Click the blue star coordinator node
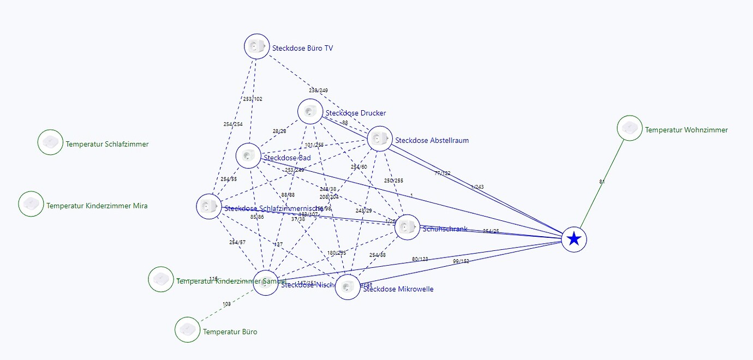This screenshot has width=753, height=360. [x=573, y=239]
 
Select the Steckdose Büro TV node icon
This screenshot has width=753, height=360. [x=256, y=46]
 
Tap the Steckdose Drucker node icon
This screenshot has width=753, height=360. [x=310, y=111]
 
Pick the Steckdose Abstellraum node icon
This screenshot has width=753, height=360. [x=380, y=139]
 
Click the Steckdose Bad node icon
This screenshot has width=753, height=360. [x=248, y=156]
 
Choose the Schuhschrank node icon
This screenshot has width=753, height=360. [x=407, y=227]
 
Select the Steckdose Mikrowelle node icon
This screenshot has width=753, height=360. [x=348, y=287]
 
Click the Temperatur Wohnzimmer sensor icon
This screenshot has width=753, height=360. [x=630, y=128]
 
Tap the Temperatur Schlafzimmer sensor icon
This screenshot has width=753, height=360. [x=50, y=142]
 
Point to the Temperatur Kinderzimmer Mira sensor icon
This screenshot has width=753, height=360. [x=31, y=204]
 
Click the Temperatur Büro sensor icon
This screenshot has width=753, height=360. [x=188, y=329]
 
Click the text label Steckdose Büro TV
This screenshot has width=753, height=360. [x=302, y=48]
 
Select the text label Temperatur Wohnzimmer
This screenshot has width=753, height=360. [x=686, y=130]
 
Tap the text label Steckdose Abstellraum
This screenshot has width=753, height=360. [x=432, y=140]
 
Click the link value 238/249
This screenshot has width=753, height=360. [x=318, y=90]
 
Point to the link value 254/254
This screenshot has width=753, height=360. [x=233, y=124]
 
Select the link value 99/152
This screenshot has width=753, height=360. [x=461, y=261]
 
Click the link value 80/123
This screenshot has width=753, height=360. [x=420, y=259]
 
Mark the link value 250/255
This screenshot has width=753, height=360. [x=393, y=181]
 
